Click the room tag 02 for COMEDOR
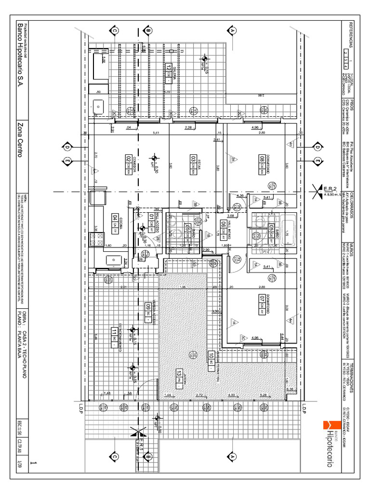click(x=129, y=159)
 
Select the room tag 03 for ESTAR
click(x=193, y=159)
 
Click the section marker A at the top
click(x=233, y=30)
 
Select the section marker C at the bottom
click(x=115, y=456)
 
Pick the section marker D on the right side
click(x=318, y=147)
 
